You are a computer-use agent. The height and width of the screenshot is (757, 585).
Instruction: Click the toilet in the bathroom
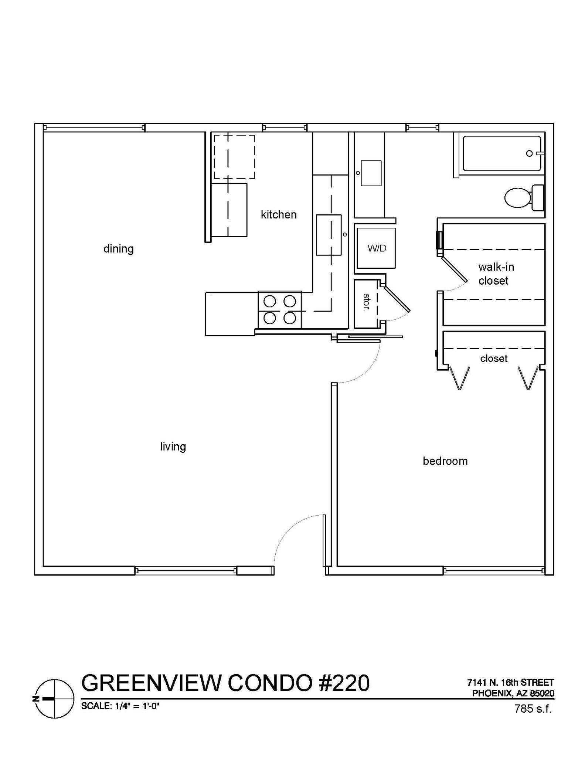coord(524,198)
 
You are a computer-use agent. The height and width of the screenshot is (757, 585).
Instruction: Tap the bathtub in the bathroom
coord(502,153)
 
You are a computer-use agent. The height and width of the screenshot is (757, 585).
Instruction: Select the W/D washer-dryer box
coord(376,248)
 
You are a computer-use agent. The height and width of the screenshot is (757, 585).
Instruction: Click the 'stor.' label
coord(366,302)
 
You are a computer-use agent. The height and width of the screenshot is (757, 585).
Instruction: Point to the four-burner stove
coord(280,310)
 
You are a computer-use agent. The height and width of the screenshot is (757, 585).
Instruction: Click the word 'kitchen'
coord(279,215)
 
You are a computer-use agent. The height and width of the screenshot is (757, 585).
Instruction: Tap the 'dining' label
coord(119,249)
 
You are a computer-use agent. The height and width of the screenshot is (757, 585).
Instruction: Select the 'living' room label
coord(173,447)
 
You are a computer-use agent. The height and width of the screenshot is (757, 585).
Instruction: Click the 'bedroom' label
coord(445,461)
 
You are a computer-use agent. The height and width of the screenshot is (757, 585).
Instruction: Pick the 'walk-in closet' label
coord(496,274)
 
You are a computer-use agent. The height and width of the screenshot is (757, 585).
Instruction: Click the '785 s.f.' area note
coord(533,709)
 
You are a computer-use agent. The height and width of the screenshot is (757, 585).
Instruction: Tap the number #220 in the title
coord(344,683)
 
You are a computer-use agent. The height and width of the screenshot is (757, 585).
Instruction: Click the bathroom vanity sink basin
coord(371,173)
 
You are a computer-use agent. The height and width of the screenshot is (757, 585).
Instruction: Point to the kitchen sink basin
coord(329,235)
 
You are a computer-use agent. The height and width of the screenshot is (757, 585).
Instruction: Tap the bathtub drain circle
coord(529,153)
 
